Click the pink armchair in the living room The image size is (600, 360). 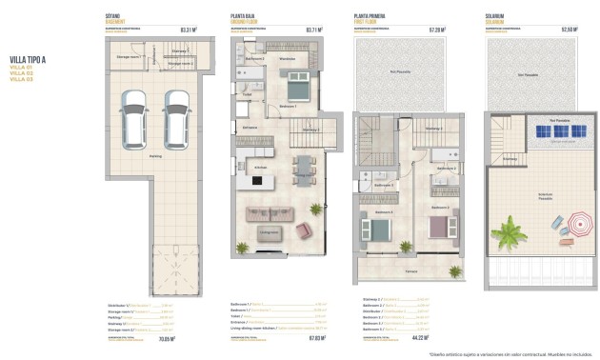point(306,230)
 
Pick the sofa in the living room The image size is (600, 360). point(266,212)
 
